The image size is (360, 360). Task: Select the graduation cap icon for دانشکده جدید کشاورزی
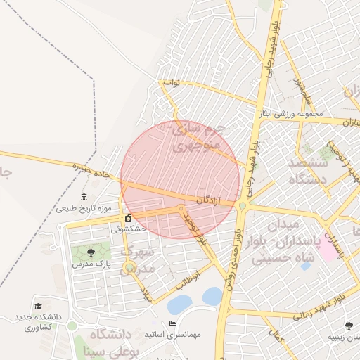point(39,307)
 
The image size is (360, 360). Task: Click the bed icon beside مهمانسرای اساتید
point(173,323)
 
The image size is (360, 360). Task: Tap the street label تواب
point(172,83)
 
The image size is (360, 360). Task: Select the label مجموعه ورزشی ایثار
point(290,113)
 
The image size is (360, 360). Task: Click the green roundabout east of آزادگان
point(243,205)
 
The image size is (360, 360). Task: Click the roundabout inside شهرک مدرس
point(129,266)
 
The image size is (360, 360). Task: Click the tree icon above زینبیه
point(349,325)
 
